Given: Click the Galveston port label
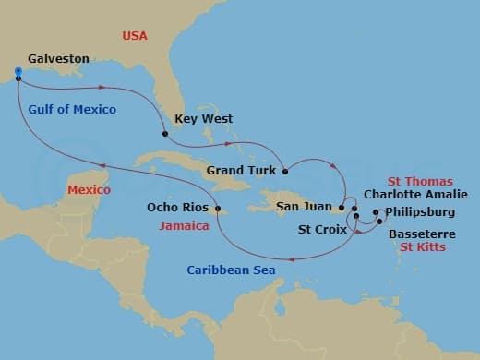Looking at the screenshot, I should pos(58,58).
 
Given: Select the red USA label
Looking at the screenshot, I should pos(135,36).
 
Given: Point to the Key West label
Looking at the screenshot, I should pos(203,119).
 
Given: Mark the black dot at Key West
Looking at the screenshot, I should pos(165,135).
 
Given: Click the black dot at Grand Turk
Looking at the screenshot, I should pos(285,171).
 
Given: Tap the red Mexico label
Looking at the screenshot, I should pos(89,190).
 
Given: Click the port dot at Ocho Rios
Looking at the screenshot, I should pos(218,209).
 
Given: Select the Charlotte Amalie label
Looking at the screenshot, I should pos(415,195).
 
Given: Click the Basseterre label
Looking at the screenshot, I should pos(421,234).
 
